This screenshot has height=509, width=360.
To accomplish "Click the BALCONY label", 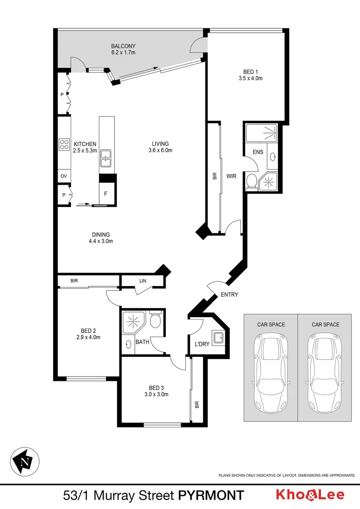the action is tap(123, 46).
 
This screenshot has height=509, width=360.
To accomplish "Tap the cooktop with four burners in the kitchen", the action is tap(64, 145).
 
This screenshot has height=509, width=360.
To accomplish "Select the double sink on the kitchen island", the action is tap(106, 158).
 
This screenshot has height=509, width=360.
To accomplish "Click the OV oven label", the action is tap(64, 176).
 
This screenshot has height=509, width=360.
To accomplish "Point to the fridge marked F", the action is tap(106, 194).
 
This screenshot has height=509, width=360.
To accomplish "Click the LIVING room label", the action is tap(160, 144).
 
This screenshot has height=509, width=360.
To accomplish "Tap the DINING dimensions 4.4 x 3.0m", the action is tap(101, 241).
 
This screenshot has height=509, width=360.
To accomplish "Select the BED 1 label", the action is tap(251, 72).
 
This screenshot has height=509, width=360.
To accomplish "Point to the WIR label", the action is tap(231, 176).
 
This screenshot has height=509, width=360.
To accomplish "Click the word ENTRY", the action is tap(229, 295).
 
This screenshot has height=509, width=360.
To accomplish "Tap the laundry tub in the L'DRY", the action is tap(218, 337).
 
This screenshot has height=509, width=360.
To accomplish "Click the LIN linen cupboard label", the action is tap(143, 281).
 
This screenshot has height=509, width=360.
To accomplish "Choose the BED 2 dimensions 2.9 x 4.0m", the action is tap(88, 337).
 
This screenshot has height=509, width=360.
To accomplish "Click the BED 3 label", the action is tap(156, 388).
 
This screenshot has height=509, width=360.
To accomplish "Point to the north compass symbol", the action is tap(25, 461).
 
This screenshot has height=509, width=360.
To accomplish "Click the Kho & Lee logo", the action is tap(310, 494).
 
